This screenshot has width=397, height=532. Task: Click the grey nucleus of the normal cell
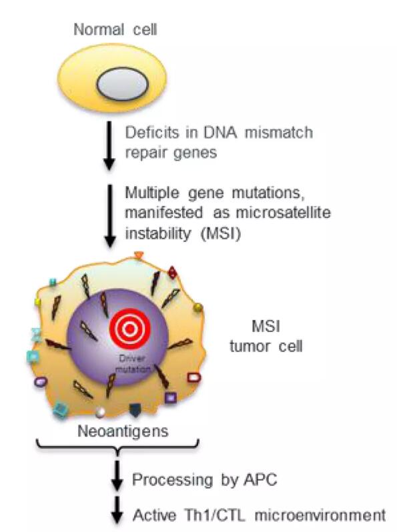pos(123,84)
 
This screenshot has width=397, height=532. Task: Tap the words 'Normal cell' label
pos(115,29)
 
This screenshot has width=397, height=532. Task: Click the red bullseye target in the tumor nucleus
pos(130,329)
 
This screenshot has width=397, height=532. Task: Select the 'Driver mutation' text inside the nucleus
pos(133,363)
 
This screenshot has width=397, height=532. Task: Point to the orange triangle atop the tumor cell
pos(139,255)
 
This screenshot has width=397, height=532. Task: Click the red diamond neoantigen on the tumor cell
pos(173,273)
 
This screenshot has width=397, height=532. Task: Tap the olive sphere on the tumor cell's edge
pos(197,308)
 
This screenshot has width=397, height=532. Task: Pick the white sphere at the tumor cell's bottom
pos(100,412)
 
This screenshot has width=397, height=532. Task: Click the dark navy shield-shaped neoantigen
pos(135,409)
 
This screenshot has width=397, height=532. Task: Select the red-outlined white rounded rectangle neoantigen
pos(194,377)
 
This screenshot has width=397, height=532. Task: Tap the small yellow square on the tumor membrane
pos(37,302)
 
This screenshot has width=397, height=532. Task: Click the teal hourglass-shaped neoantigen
pos(35,335)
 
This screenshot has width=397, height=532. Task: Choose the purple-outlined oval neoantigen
pos(41,382)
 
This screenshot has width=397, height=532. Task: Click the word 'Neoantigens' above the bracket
pos(123,431)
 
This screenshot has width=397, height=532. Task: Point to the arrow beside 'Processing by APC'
pos(117,475)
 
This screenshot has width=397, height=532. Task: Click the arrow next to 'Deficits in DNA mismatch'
pos(109,145)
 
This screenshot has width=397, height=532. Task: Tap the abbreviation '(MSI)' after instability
pos(221,234)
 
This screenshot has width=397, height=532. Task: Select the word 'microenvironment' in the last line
pos(320,515)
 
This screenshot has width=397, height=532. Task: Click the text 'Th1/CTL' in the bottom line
pos(214,515)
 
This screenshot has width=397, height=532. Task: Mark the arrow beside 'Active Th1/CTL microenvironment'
pos(117,511)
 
